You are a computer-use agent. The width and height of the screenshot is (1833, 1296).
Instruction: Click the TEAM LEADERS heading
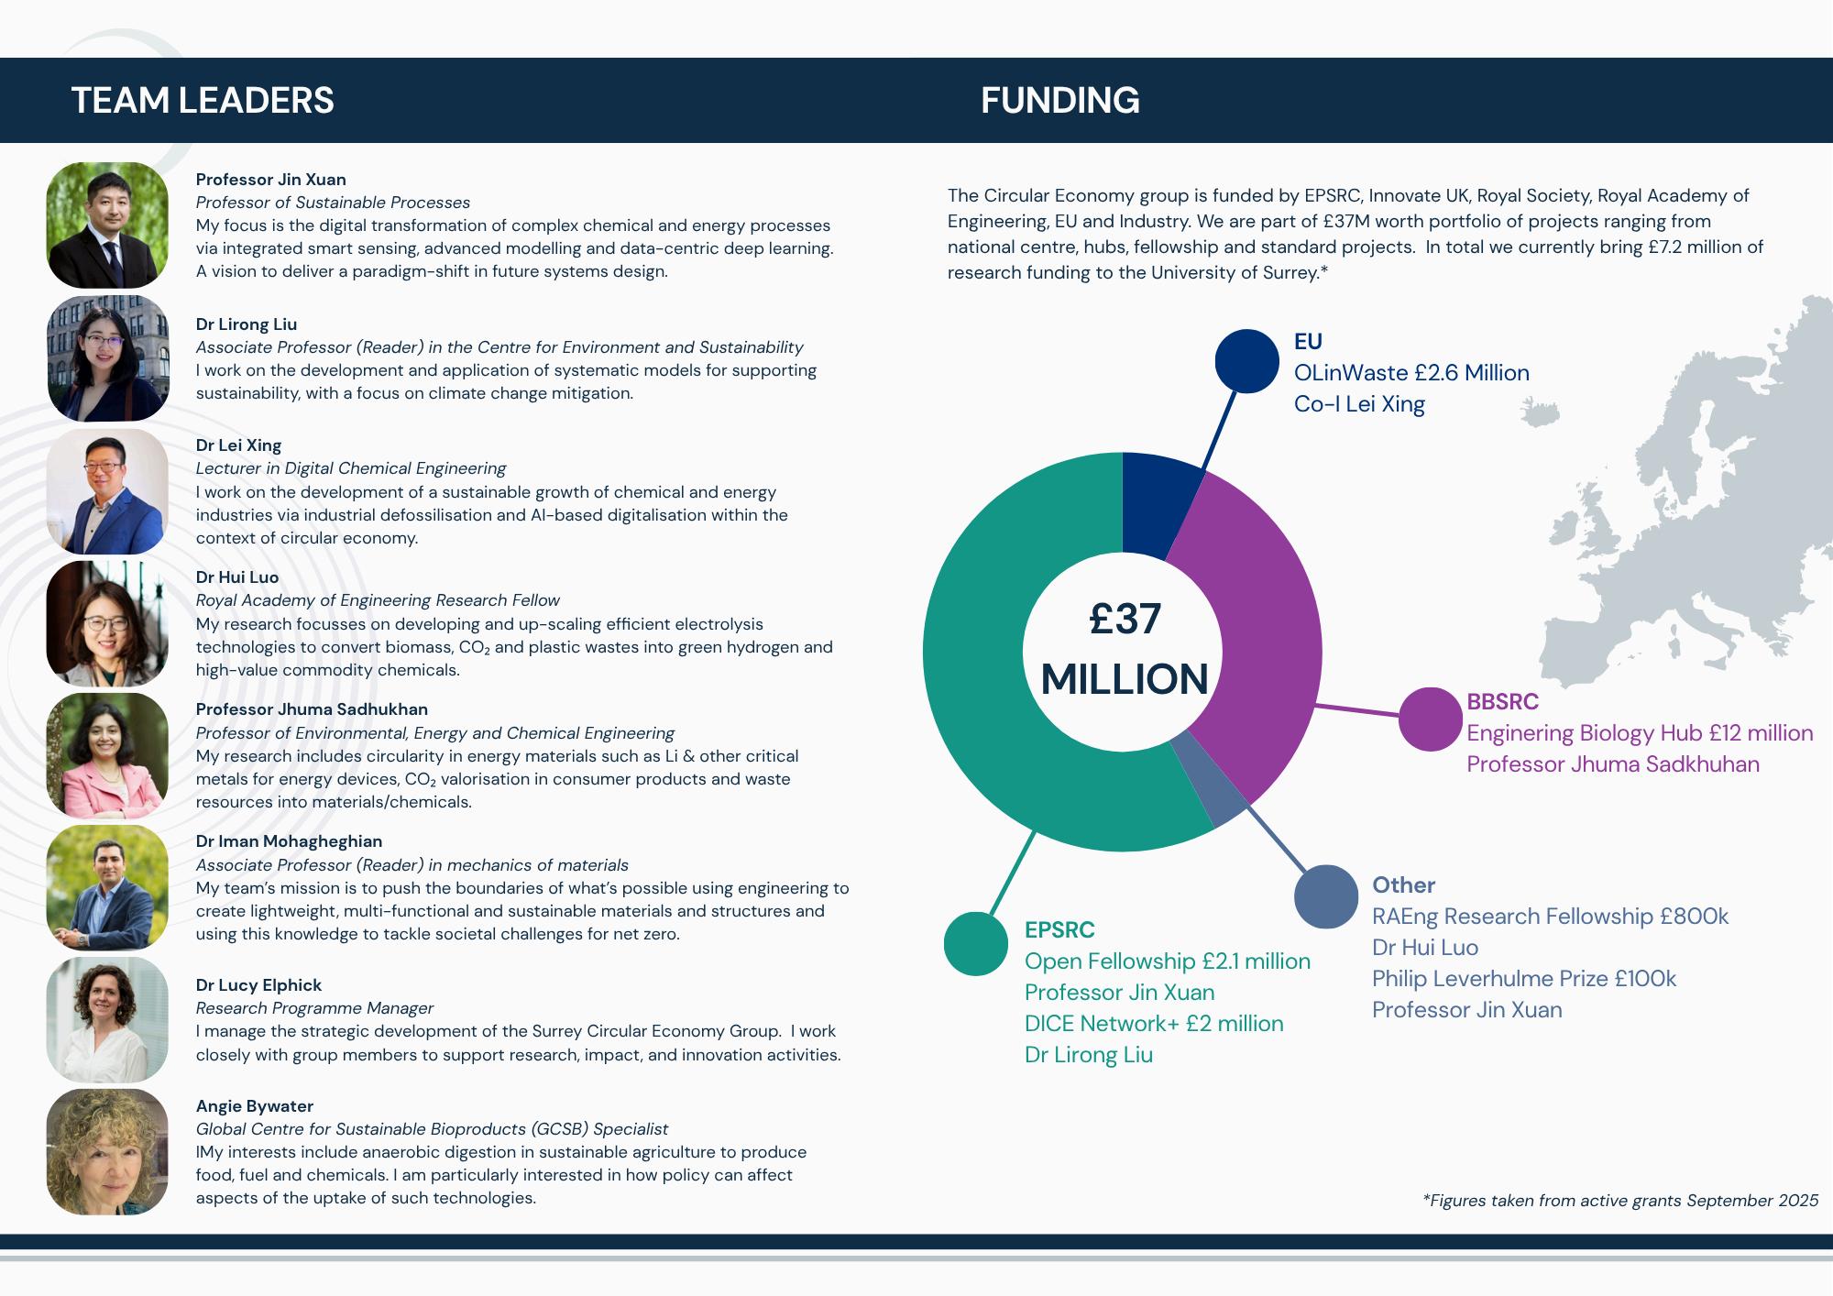click(203, 100)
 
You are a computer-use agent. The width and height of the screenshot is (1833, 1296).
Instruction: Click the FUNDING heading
click(1060, 100)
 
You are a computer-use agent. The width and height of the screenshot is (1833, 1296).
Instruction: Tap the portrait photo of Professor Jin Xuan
click(107, 225)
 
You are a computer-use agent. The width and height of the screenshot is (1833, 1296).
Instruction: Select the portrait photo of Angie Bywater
click(107, 1151)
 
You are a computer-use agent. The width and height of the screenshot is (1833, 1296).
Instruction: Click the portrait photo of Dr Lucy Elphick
click(107, 1019)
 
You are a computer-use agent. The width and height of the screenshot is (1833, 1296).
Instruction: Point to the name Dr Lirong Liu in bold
click(247, 324)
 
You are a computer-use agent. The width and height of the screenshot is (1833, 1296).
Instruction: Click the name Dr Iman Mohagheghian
click(289, 841)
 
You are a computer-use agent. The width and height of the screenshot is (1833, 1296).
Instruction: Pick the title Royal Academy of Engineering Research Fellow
click(378, 600)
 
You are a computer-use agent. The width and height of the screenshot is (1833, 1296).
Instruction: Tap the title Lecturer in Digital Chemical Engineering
click(351, 468)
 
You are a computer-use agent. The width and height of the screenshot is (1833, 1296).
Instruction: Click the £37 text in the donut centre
click(1125, 620)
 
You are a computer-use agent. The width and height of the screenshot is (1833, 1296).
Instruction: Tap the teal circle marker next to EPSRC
click(976, 944)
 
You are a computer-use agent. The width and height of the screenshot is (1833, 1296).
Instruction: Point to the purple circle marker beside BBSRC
click(1430, 719)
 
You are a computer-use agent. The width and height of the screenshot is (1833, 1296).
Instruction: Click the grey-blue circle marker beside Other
click(1326, 896)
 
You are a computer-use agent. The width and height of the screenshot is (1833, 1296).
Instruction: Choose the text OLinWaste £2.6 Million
click(1411, 373)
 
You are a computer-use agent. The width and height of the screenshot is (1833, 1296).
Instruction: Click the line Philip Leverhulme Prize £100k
click(1523, 979)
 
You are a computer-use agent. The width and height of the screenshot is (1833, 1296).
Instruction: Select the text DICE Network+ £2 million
click(1154, 1024)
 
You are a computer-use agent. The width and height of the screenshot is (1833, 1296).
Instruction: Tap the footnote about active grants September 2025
click(1620, 1201)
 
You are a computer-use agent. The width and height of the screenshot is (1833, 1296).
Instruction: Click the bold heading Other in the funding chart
click(1403, 885)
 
